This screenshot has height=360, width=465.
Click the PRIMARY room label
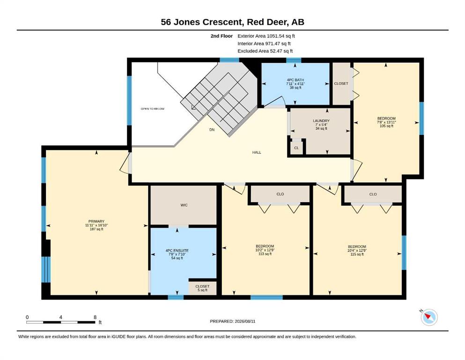click(x=96, y=221)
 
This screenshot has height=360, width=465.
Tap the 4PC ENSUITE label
click(x=177, y=250)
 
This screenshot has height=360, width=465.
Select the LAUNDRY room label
click(x=321, y=121)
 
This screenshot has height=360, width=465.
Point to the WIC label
click(x=184, y=205)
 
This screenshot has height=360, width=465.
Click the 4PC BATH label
click(x=295, y=80)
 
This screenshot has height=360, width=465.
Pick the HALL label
click(x=257, y=152)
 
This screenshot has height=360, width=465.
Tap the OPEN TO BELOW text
click(x=153, y=109)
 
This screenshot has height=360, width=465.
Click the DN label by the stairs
click(x=212, y=130)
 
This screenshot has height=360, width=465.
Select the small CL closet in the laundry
click(x=296, y=148)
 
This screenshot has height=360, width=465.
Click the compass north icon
click(x=429, y=317)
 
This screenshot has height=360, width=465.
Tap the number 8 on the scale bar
click(x=95, y=317)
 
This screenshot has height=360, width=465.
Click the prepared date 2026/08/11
click(x=245, y=321)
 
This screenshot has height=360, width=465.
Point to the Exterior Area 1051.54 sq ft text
click(x=266, y=36)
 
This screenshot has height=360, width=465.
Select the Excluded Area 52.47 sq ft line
click(x=265, y=51)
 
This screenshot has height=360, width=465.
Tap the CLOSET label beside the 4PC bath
click(x=341, y=83)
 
